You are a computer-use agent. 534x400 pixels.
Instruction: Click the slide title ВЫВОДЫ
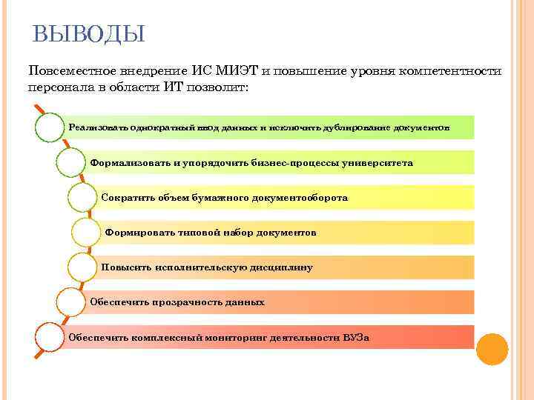point(89,33)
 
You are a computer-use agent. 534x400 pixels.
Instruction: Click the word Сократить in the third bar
point(125,198)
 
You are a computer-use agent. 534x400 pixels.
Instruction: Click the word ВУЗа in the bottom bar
point(356,337)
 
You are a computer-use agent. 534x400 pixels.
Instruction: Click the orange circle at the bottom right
point(492,349)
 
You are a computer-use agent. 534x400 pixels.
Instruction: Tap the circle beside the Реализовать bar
point(50,127)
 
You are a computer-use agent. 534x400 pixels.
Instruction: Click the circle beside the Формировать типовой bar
point(88,233)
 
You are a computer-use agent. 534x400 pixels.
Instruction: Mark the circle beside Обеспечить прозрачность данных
point(72,301)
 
